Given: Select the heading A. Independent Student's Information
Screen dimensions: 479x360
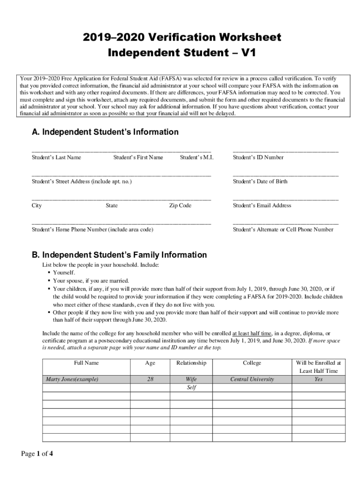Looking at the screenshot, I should point(105,132).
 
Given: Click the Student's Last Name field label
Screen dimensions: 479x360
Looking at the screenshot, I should point(56,158).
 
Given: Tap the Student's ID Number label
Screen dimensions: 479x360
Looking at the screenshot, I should point(258,158).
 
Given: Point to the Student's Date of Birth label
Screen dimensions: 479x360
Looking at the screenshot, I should point(260,181).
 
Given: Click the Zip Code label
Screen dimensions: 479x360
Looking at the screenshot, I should point(180,206).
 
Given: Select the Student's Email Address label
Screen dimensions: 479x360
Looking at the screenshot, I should point(262,206).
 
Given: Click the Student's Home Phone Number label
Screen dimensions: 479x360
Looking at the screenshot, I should point(92,230).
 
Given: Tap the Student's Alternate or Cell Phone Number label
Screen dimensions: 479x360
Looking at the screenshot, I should point(283,230).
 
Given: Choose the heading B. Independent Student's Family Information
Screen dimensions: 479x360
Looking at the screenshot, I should point(119,255).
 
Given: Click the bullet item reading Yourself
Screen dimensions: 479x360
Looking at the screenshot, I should point(64,273).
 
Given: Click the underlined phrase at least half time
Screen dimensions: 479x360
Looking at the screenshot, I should point(252,334).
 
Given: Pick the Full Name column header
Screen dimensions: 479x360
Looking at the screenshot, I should point(86,363).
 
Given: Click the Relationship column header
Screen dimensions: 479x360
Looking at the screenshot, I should point(191,363).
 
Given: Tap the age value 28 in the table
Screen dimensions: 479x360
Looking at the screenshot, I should point(150,379).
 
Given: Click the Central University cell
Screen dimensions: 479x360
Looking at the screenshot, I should point(252,379).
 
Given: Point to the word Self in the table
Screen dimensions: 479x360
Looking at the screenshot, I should point(191,388).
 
